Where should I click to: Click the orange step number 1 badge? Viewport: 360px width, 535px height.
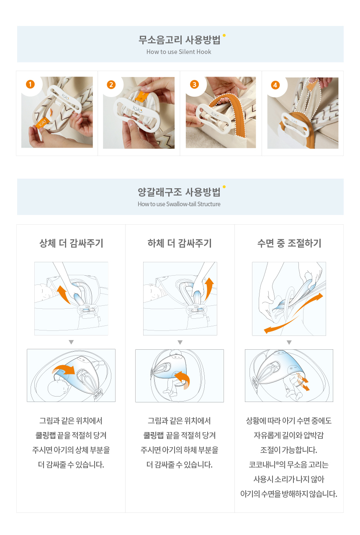(31, 84)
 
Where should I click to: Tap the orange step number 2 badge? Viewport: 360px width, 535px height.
(111, 85)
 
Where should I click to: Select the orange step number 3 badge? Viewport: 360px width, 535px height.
(194, 84)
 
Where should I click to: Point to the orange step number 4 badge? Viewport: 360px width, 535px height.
(275, 85)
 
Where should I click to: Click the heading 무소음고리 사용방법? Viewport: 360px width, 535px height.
(179, 40)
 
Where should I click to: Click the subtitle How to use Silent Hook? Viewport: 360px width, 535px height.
(179, 52)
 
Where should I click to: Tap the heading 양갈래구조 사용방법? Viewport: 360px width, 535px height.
(179, 192)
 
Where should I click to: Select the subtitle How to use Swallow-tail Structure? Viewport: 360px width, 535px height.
(179, 204)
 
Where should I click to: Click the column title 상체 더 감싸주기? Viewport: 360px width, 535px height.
(71, 243)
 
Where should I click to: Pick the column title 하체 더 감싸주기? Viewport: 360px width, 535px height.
(180, 243)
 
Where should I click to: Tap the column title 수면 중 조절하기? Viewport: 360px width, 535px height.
(289, 243)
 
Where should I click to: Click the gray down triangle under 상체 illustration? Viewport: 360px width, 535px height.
(71, 342)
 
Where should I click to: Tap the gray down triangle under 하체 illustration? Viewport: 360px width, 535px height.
(180, 342)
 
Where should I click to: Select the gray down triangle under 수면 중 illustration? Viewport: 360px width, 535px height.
(289, 342)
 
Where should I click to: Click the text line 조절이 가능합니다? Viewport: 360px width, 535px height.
(289, 450)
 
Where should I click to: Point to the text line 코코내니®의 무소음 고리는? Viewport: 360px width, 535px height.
(289, 465)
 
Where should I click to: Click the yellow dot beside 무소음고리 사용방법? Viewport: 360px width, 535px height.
(224, 36)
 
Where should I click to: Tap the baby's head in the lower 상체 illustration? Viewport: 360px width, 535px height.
(58, 388)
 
